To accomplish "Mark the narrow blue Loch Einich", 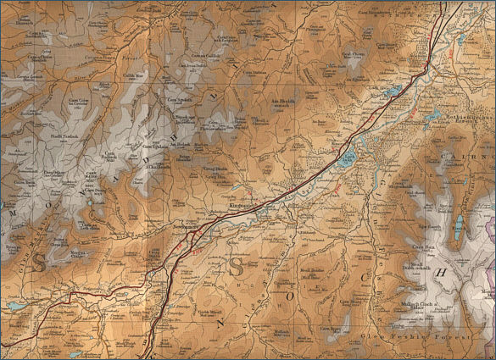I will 459,225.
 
